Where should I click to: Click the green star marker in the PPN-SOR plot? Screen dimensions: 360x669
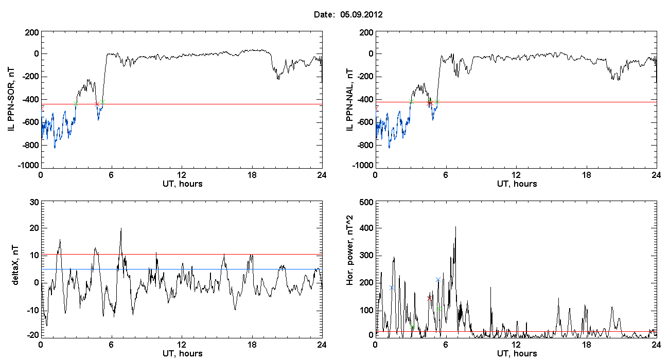click(76, 104)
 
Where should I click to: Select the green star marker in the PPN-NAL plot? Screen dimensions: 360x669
click(411, 102)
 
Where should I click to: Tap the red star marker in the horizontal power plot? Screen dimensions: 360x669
click(429, 298)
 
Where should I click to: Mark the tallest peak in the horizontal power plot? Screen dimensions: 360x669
click(455, 227)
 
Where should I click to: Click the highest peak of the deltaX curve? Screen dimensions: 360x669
click(121, 228)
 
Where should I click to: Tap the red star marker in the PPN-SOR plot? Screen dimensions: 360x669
click(97, 104)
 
